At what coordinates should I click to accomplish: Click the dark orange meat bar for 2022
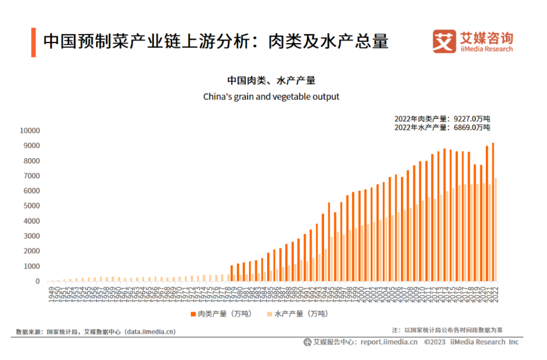[x=492, y=212]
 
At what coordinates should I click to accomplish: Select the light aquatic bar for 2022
[x=496, y=230]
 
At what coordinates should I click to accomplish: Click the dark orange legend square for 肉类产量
[x=192, y=313]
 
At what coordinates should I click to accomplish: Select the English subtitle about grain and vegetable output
[x=271, y=96]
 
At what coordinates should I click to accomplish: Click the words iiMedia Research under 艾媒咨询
[x=486, y=49]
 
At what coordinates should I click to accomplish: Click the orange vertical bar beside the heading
[x=33, y=41]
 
